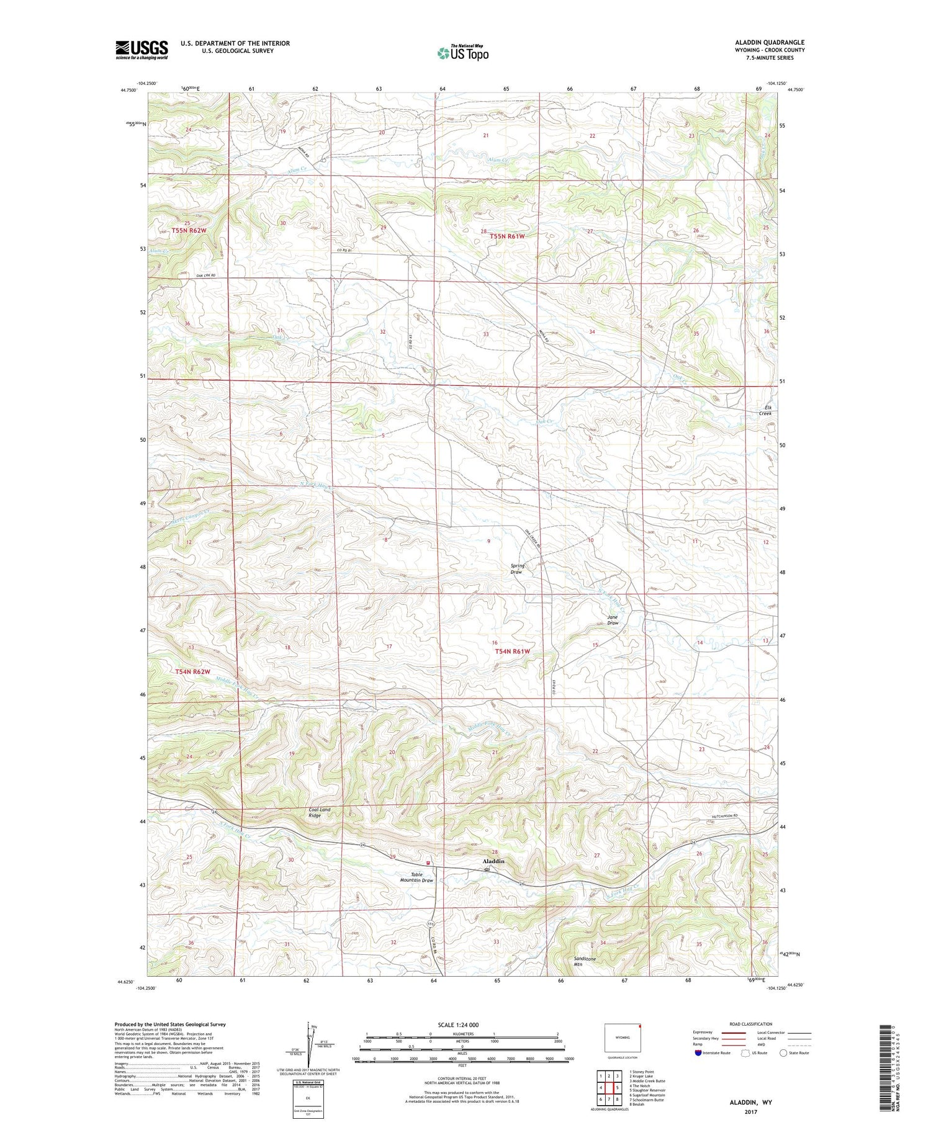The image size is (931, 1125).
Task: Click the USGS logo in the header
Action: [142, 49]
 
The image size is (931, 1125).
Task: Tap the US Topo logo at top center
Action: [462, 53]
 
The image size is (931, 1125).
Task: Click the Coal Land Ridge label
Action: [320, 813]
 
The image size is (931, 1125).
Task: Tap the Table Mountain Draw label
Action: [416, 877]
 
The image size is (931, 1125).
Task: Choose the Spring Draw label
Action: [517, 568]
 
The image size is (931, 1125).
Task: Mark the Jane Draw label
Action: [613, 620]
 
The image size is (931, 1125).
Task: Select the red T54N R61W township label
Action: [513, 651]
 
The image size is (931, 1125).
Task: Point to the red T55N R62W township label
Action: [189, 230]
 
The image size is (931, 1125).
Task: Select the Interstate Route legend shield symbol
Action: [699, 1053]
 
